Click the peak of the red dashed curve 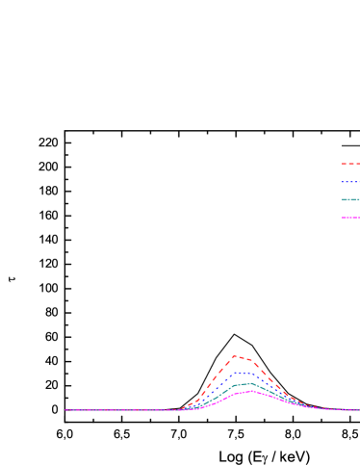tap(234, 356)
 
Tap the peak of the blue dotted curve tap(241, 372)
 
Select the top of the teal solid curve tap(245, 383)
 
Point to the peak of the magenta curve tap(249, 391)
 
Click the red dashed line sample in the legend tap(348, 164)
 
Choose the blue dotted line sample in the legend tap(348, 182)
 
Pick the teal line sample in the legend tap(348, 200)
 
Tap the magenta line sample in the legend tap(348, 218)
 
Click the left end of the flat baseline tap(66, 410)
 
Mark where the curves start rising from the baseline tap(181, 409)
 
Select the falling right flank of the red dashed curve tap(274, 381)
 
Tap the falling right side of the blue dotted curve tap(273, 388)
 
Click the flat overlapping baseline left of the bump tap(125, 410)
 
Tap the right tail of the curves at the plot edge tap(356, 410)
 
